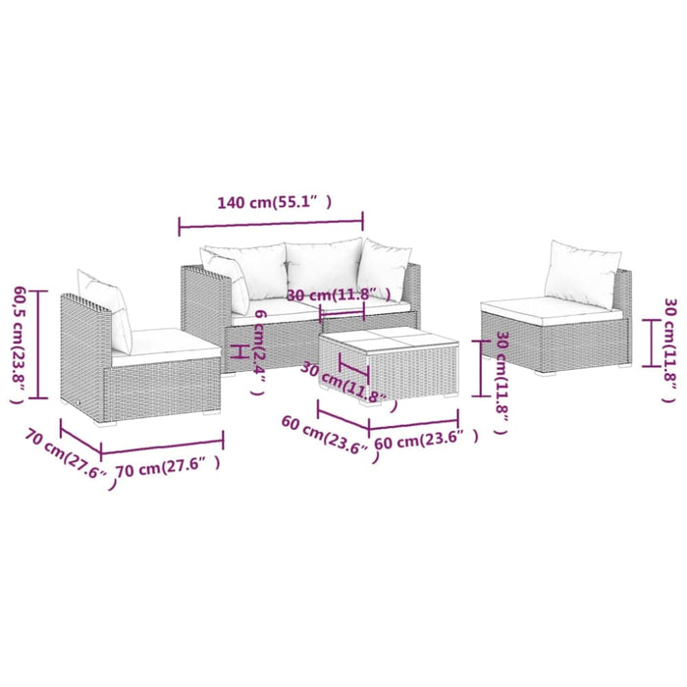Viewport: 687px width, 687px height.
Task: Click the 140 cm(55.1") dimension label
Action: (x=274, y=203)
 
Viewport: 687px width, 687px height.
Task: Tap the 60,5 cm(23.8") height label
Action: (x=20, y=344)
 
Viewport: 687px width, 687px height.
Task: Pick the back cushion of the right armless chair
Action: (x=580, y=273)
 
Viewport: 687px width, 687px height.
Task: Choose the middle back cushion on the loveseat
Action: (x=323, y=268)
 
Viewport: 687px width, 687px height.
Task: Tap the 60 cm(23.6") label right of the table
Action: (x=426, y=441)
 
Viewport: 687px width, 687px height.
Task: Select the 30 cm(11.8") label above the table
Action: (x=338, y=294)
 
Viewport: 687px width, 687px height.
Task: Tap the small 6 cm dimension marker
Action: (x=235, y=350)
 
